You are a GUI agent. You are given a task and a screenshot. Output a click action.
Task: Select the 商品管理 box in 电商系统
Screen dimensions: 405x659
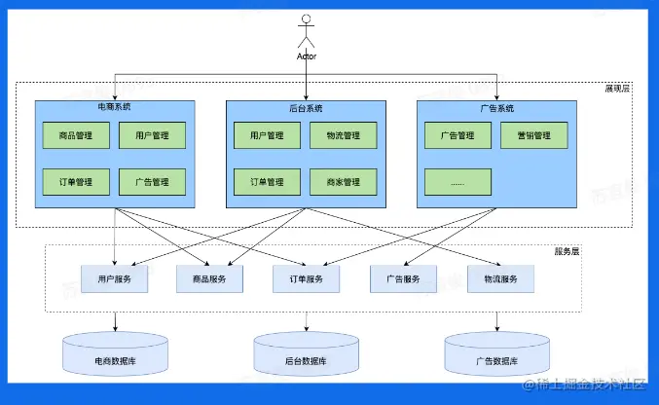click(x=76, y=135)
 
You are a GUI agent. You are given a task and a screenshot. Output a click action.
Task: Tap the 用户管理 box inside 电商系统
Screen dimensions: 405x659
click(x=152, y=135)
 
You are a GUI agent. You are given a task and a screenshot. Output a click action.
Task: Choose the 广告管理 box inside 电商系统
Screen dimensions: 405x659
click(x=152, y=182)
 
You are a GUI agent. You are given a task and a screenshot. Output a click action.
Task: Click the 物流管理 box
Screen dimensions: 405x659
click(x=343, y=135)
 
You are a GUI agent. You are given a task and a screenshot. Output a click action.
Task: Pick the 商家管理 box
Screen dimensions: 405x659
click(x=343, y=182)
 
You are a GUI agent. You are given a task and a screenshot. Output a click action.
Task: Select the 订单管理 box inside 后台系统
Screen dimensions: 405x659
click(x=267, y=182)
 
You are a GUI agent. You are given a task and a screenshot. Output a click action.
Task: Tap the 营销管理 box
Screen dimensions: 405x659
click(x=533, y=135)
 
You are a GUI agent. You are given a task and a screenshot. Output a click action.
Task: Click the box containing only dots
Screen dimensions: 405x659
click(x=458, y=182)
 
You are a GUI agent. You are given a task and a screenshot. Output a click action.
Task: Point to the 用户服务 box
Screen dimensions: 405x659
click(x=115, y=279)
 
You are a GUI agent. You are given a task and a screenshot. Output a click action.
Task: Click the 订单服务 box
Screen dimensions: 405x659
click(x=307, y=279)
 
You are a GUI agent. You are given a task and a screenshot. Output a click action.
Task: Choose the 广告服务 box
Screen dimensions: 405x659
click(x=402, y=279)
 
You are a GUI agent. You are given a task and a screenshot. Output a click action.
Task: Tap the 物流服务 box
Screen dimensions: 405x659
click(x=500, y=279)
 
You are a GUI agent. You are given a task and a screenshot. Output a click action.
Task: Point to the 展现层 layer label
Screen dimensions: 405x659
click(x=617, y=89)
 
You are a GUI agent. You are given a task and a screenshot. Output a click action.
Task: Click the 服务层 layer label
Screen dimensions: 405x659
click(x=566, y=251)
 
